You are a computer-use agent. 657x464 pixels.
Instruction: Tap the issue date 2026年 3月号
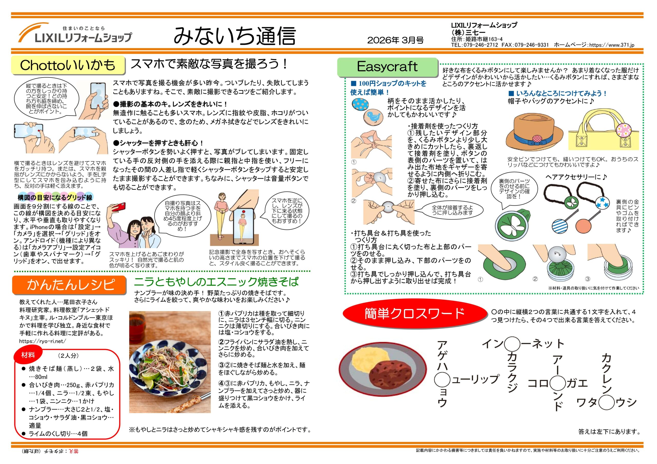395,40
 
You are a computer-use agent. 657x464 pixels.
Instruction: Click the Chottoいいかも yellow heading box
68,65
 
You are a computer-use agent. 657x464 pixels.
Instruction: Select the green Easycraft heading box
388,67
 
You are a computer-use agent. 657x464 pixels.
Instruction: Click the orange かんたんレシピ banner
69,285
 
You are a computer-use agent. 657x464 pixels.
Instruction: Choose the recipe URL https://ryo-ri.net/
43,341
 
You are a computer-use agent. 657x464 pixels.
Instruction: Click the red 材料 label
28,355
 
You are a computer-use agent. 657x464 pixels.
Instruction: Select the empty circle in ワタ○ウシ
607,403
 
